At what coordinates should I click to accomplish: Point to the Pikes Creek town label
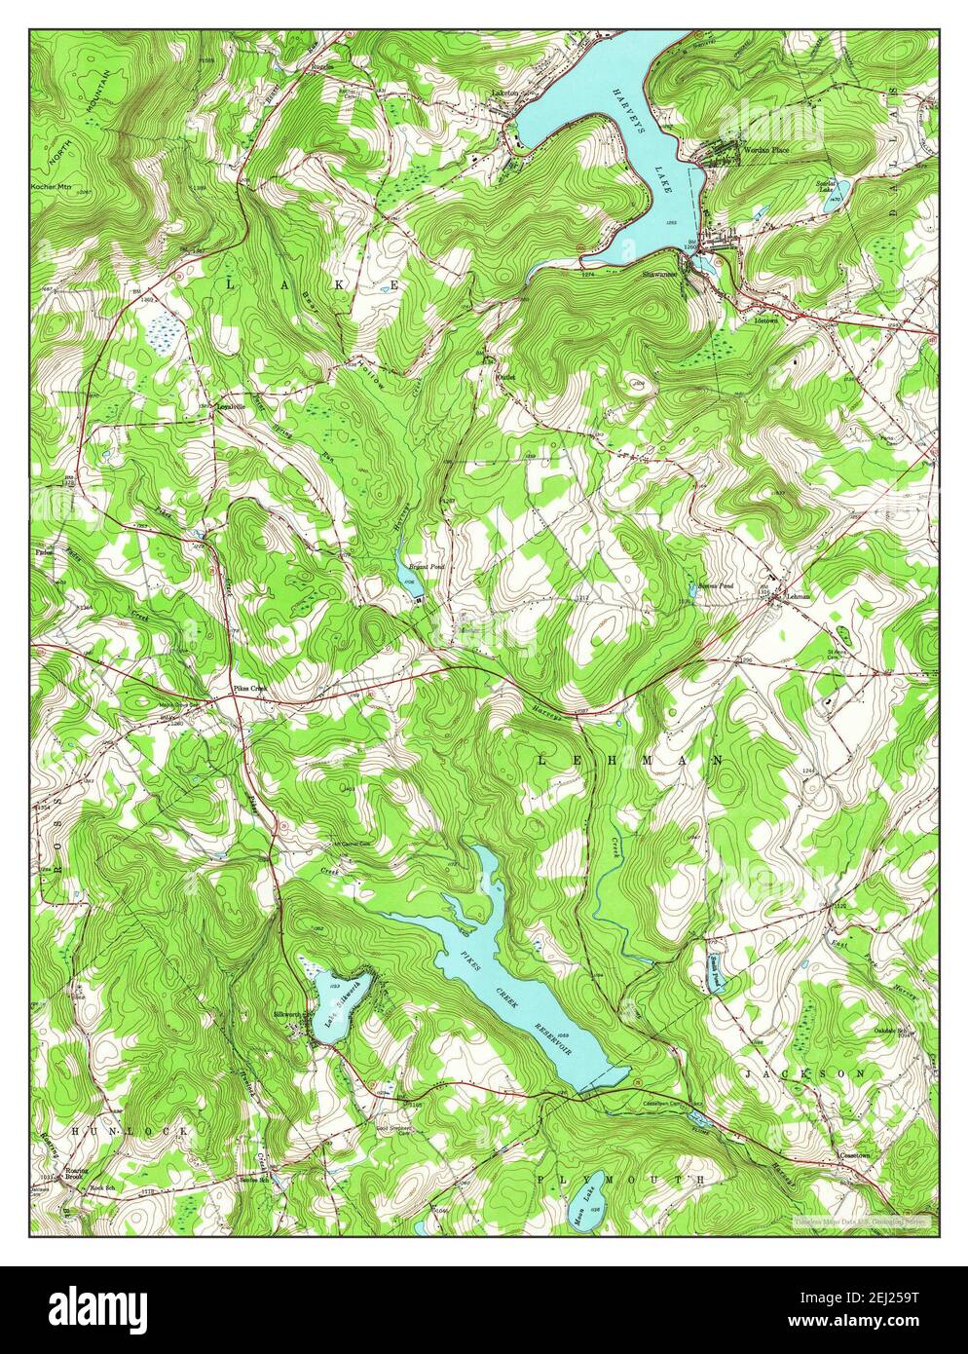click(x=248, y=689)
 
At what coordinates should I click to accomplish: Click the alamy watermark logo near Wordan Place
click(x=769, y=118)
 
